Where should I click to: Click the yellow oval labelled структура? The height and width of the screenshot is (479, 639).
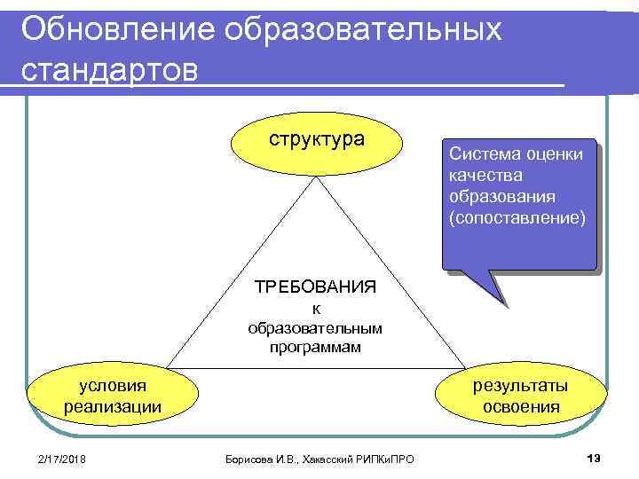click(317, 141)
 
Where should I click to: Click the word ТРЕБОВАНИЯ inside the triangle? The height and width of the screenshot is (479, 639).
click(316, 287)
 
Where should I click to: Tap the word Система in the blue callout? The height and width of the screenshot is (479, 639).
click(479, 153)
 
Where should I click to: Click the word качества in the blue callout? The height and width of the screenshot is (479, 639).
click(485, 174)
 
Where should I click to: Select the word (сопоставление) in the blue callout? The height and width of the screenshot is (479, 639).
click(517, 216)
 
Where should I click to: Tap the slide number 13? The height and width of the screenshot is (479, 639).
click(594, 457)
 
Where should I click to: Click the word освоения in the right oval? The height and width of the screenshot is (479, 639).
click(521, 407)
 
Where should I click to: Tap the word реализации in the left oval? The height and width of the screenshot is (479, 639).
click(113, 407)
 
